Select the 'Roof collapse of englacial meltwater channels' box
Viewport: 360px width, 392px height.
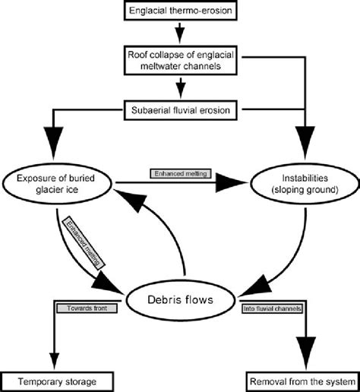(x=180, y=62)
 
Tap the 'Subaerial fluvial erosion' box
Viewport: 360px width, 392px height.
(x=180, y=111)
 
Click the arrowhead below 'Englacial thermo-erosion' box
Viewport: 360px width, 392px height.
(x=180, y=35)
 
